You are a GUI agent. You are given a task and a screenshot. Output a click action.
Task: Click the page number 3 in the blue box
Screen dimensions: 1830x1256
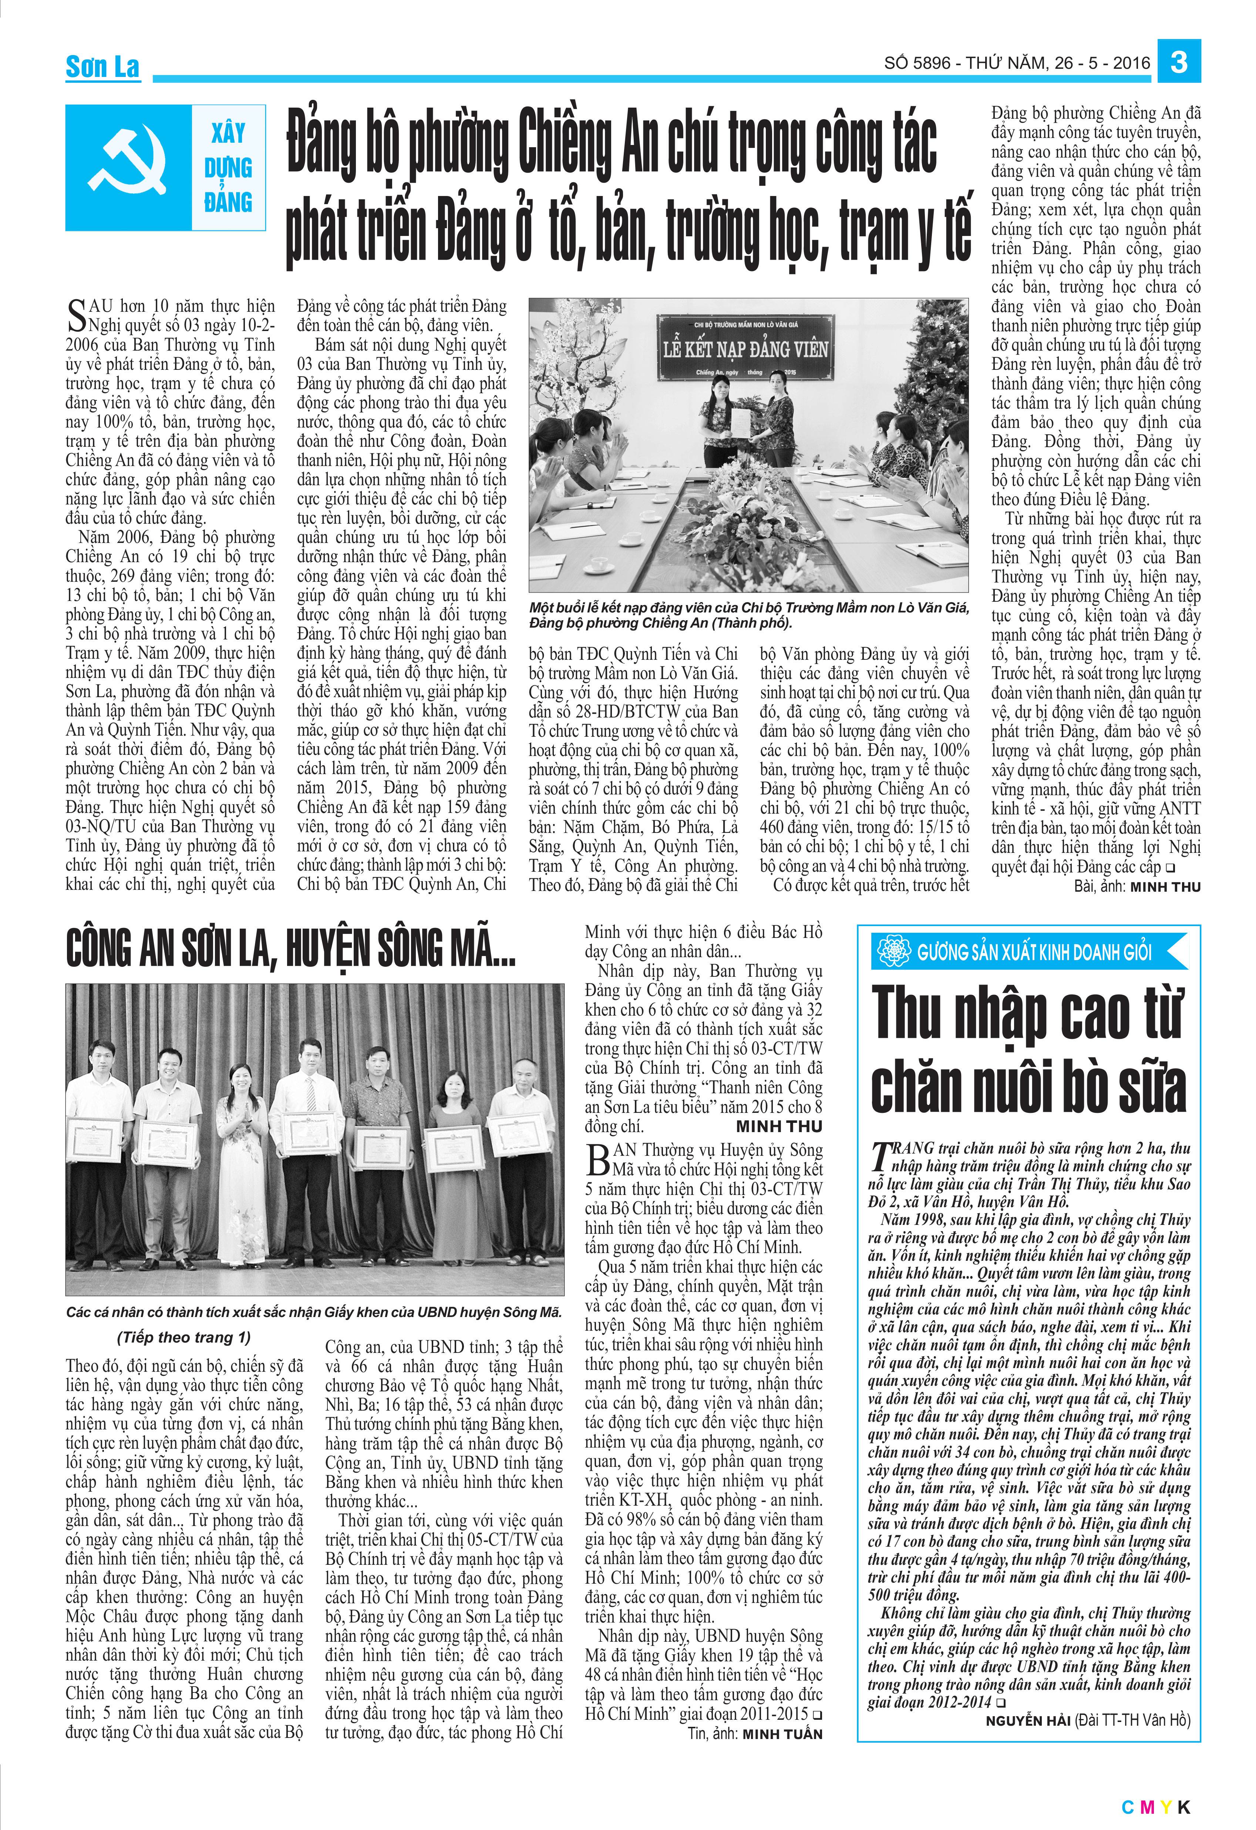point(1179,61)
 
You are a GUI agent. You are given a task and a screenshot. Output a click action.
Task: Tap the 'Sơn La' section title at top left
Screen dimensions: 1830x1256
point(102,67)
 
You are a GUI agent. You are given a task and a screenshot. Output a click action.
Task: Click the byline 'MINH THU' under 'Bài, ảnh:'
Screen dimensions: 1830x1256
point(1165,887)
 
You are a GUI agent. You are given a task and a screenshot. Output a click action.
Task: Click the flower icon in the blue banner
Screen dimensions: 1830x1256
point(893,952)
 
